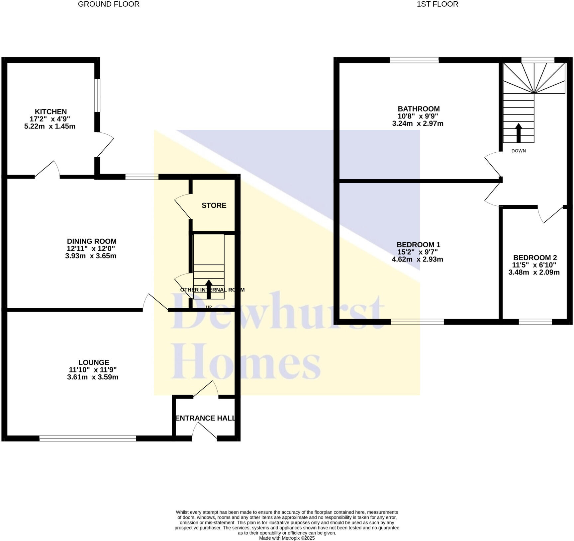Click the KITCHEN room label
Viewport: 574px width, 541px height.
pyautogui.click(x=51, y=112)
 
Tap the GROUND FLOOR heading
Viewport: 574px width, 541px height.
pyautogui.click(x=109, y=4)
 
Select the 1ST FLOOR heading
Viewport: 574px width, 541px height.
pyautogui.click(x=437, y=4)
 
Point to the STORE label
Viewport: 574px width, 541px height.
pyautogui.click(x=214, y=205)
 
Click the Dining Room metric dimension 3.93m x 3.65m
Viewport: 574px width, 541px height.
pyautogui.click(x=91, y=256)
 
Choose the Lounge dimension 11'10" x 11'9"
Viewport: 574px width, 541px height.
pyautogui.click(x=93, y=370)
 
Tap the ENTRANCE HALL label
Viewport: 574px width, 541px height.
pyautogui.click(x=205, y=418)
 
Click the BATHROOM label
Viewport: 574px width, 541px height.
pyautogui.click(x=419, y=109)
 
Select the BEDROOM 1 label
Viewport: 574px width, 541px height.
pyautogui.click(x=419, y=245)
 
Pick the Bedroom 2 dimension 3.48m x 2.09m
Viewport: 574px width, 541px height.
pyautogui.click(x=534, y=272)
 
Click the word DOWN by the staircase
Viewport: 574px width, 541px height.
pyautogui.click(x=519, y=151)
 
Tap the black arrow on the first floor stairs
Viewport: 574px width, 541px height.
pyautogui.click(x=518, y=133)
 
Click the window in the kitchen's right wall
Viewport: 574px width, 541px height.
pyautogui.click(x=97, y=95)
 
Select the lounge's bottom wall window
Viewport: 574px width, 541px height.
pyautogui.click(x=88, y=438)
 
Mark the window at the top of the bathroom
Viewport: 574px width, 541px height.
pyautogui.click(x=414, y=60)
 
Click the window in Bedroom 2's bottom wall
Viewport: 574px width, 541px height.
pyautogui.click(x=535, y=322)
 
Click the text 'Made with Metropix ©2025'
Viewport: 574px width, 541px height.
pyautogui.click(x=287, y=538)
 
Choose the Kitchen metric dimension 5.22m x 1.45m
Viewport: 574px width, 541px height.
pyautogui.click(x=50, y=126)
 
